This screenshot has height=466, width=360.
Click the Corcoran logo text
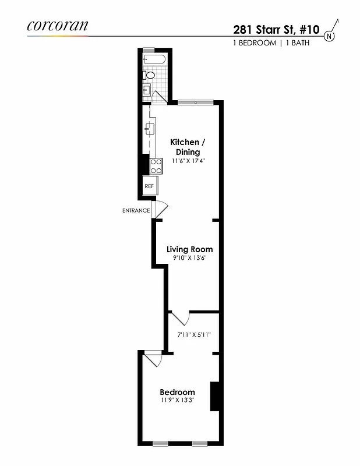coord(57,25)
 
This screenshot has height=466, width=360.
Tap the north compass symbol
coord(330,36)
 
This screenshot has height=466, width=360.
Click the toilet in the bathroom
coord(149,75)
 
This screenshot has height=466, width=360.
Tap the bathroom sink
coord(147,90)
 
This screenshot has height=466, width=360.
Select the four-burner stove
coord(156,167)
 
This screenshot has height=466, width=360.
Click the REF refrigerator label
coord(149,186)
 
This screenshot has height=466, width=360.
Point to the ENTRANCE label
coord(136,211)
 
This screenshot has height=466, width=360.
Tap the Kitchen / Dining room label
coord(188,147)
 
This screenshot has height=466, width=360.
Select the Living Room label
coord(189,249)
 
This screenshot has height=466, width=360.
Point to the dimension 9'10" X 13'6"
coord(189,257)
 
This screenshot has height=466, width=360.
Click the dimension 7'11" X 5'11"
coord(194,335)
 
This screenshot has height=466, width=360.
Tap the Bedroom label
coord(178,392)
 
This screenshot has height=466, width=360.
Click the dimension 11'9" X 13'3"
coord(178,401)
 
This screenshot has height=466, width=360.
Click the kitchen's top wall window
coord(195,103)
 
